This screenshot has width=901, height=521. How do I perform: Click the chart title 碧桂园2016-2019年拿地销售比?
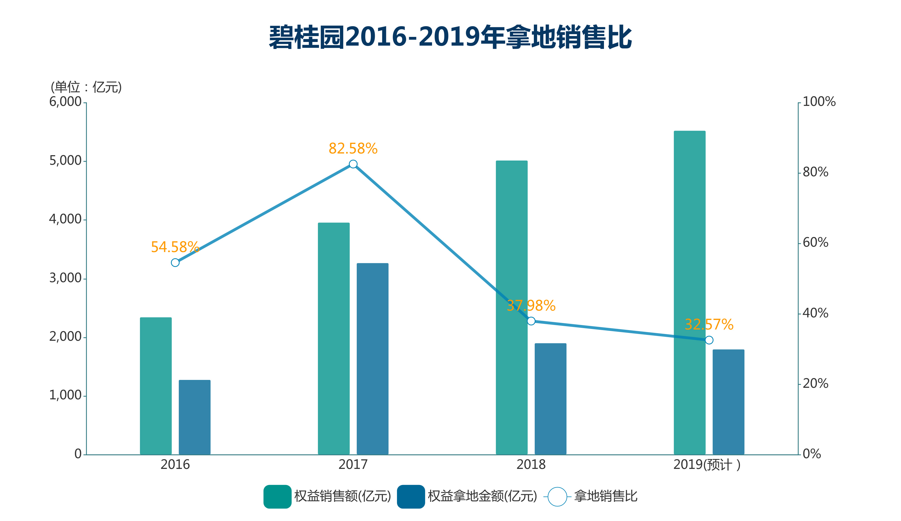coord(450,37)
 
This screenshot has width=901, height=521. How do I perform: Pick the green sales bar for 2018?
coord(511,308)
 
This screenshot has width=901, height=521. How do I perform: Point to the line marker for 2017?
coord(353,164)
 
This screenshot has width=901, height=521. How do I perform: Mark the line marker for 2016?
coord(175,262)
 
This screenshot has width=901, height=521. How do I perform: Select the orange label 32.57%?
coord(709,325)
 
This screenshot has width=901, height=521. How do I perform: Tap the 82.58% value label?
coord(353,149)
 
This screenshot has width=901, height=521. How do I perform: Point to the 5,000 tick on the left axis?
coord(65,161)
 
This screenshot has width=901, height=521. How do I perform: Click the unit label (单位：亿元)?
coord(86,87)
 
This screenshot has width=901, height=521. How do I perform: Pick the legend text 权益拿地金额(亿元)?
coord(482,496)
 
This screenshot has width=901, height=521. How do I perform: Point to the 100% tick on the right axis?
coord(819,102)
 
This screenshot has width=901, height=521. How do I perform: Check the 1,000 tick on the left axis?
coord(65,395)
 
